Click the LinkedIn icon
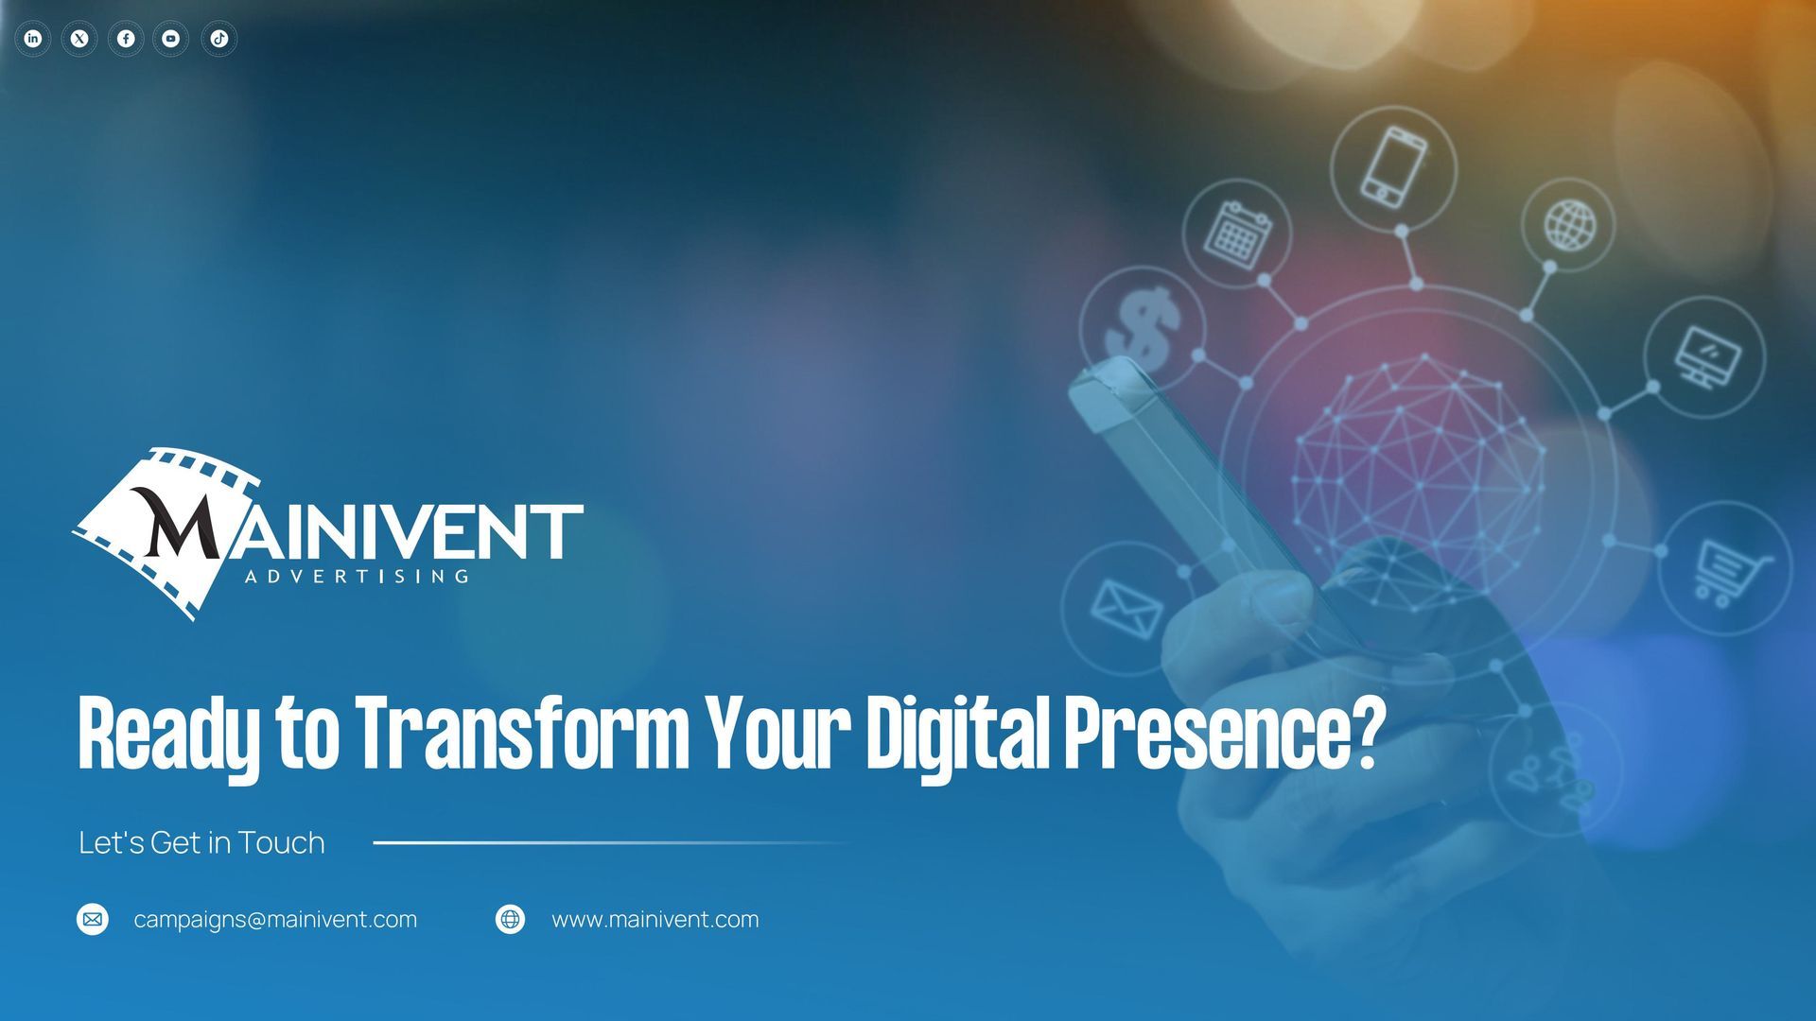click(33, 39)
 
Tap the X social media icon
click(79, 39)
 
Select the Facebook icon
click(126, 39)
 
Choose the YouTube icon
click(171, 39)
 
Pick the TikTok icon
click(218, 39)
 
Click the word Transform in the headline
click(523, 735)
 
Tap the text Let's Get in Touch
click(201, 842)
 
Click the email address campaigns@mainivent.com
click(275, 920)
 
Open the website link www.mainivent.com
click(655, 920)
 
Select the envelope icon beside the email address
click(93, 919)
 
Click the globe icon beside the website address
click(511, 919)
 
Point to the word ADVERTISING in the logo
click(357, 576)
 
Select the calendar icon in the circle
click(1237, 233)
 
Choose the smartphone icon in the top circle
click(1394, 166)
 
